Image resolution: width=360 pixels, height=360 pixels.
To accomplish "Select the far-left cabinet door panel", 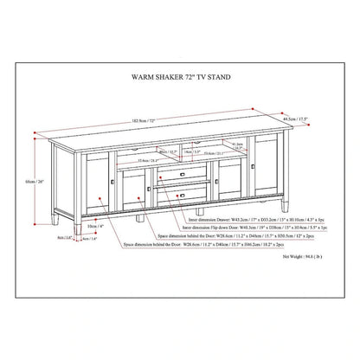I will (99, 177).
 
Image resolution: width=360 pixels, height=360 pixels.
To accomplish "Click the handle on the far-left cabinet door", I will (113, 184).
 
